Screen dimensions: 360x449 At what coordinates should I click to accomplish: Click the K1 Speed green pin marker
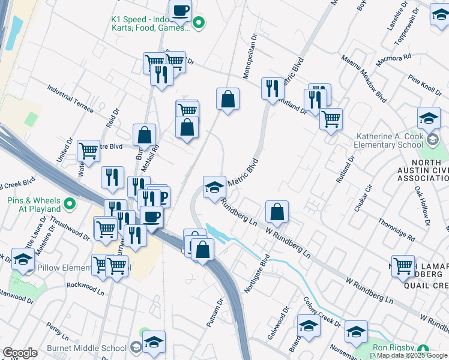[x=199, y=23]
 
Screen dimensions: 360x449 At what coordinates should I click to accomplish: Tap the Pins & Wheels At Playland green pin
[x=70, y=205]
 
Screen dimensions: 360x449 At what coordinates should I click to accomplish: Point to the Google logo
[x=20, y=353]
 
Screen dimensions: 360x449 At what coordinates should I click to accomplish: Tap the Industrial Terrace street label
[x=70, y=98]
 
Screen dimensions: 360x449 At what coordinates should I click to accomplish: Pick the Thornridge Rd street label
[x=396, y=230]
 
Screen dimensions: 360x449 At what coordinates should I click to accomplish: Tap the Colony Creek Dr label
[x=322, y=311]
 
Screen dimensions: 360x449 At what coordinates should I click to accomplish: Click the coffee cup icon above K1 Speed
[x=180, y=10]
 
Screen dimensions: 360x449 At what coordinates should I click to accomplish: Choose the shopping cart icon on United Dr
[x=88, y=152]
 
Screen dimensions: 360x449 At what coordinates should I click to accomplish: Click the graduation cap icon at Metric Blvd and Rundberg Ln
[x=214, y=187]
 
